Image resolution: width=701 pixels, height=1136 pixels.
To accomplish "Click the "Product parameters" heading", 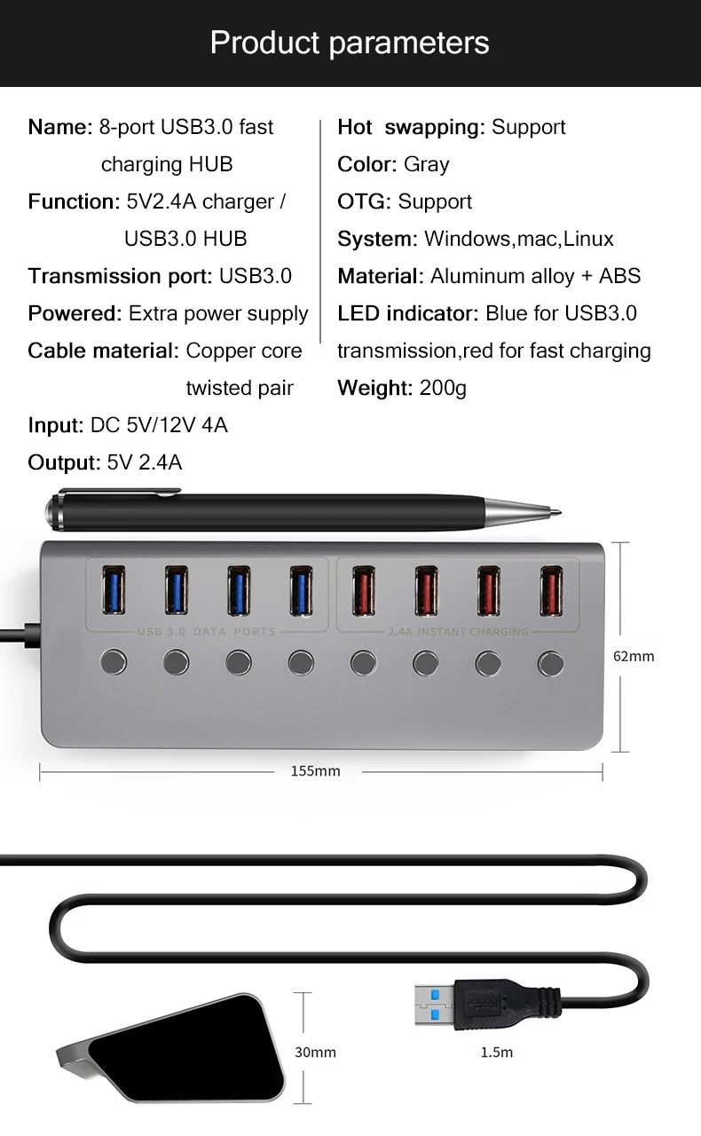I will click(x=350, y=43).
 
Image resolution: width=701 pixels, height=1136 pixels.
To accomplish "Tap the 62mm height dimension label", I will click(x=634, y=657).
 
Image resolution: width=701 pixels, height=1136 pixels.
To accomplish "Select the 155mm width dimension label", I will click(x=316, y=771).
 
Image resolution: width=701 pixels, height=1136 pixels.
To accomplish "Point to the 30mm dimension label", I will click(x=316, y=1053).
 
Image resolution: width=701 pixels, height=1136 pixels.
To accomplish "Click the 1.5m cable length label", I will click(x=497, y=1053).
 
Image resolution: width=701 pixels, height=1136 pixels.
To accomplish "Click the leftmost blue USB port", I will click(x=114, y=590).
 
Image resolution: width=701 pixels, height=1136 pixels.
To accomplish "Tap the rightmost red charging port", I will click(x=552, y=590).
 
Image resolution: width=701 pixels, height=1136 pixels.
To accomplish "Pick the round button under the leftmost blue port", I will click(x=114, y=661).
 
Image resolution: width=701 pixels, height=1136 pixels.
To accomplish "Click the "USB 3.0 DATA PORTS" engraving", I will click(x=207, y=632).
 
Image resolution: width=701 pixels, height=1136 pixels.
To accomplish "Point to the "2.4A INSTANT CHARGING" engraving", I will click(x=459, y=632).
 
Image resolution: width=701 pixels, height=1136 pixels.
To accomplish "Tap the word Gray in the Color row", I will click(x=426, y=164).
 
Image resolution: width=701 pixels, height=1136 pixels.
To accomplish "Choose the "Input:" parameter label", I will click(x=56, y=425).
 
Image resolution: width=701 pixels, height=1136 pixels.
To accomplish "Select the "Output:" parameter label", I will click(x=64, y=462).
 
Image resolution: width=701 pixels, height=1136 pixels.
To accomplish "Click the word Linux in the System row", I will click(x=588, y=239).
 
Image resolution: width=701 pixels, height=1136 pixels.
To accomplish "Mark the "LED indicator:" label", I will click(x=408, y=313).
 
